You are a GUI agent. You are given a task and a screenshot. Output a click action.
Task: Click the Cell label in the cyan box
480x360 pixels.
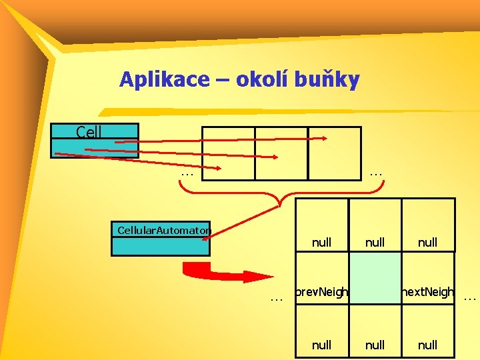pos(89,132)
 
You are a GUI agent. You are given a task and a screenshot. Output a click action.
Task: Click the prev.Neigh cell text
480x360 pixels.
pos(321,292)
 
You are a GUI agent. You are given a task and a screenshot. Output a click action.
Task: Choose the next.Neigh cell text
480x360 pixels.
pos(427,292)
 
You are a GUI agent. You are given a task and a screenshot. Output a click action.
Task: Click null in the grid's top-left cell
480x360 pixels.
pos(321,243)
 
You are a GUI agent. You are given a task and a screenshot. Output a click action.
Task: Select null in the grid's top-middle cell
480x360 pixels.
pos(375,243)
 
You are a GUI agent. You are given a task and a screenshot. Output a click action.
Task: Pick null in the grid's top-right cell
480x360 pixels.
pos(427,243)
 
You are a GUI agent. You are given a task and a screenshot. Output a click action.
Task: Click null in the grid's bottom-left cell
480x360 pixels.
pos(321,345)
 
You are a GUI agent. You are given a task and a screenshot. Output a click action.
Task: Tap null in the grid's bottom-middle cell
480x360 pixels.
pos(375,345)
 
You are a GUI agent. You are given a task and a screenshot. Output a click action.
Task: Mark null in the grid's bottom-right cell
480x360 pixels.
pos(427,345)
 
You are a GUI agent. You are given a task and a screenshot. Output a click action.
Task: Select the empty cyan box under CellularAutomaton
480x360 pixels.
pos(160,247)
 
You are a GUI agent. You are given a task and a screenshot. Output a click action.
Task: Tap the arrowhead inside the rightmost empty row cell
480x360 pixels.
pos(323,139)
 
